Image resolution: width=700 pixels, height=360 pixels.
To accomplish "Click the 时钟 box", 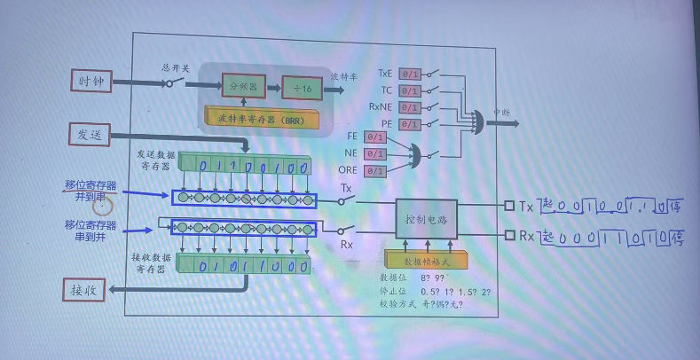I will click(92, 80).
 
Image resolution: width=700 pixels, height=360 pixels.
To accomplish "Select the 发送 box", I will click(91, 133).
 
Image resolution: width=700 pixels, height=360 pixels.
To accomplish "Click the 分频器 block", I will click(242, 87).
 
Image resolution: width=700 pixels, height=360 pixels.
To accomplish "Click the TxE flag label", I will click(384, 74).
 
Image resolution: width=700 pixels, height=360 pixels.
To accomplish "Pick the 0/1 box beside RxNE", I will click(410, 106).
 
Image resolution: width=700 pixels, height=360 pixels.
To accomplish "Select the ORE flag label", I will click(349, 169).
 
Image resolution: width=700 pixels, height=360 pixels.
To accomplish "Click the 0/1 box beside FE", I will click(375, 137).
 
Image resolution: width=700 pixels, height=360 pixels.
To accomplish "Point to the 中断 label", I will click(501, 113).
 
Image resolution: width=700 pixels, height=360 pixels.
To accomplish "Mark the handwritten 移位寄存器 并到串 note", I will click(90, 191).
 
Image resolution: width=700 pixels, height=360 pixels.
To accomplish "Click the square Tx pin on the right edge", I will click(509, 206).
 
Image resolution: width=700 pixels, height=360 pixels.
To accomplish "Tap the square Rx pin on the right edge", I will click(509, 235).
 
